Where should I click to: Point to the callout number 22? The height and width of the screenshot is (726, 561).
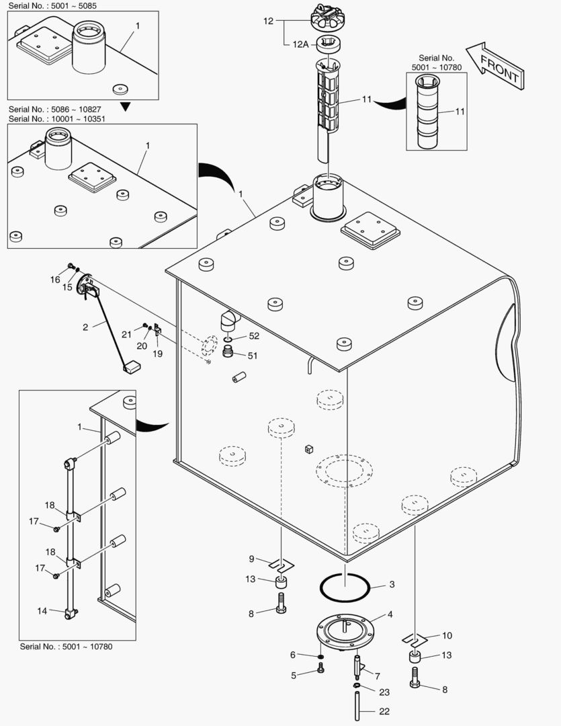click(384, 712)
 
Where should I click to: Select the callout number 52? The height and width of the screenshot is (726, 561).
click(253, 335)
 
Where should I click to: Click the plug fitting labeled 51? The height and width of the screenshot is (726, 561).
click(229, 354)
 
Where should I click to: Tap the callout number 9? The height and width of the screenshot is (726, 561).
click(251, 559)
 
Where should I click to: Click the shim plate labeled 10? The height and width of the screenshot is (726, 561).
click(415, 639)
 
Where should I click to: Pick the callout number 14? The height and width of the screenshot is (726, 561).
click(42, 610)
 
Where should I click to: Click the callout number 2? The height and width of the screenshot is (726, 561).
click(85, 327)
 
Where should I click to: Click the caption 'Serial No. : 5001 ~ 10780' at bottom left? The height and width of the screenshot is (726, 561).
click(65, 647)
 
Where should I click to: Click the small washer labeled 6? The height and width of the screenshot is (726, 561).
click(321, 655)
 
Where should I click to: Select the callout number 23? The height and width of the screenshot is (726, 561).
click(384, 692)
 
